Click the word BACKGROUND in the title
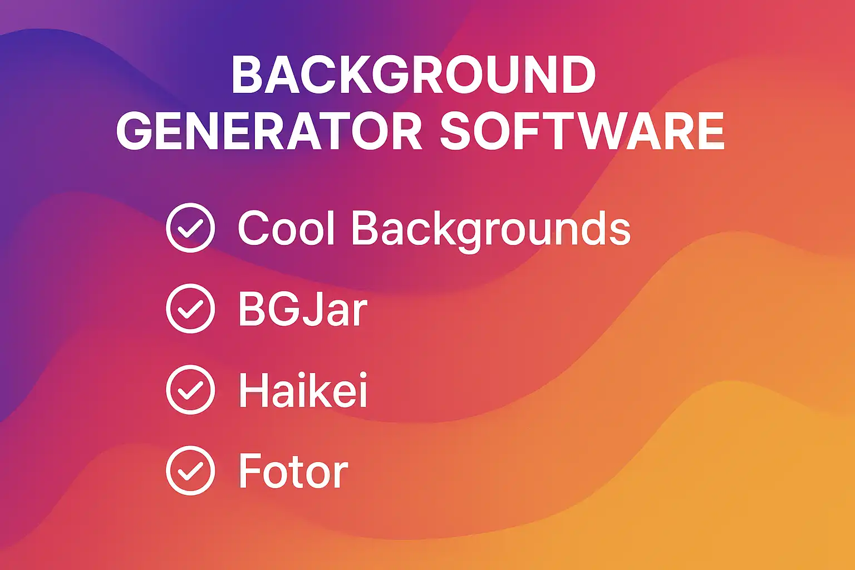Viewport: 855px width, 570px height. [414, 75]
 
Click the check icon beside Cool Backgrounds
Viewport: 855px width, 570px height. [190, 228]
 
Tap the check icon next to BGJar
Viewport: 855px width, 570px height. [190, 308]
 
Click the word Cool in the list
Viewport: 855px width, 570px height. [286, 228]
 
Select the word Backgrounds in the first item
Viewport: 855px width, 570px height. [491, 232]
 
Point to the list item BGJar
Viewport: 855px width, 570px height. [303, 309]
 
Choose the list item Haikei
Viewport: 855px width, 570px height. [303, 390]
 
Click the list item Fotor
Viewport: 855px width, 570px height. [293, 471]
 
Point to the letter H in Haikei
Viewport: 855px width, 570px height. [252, 390]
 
